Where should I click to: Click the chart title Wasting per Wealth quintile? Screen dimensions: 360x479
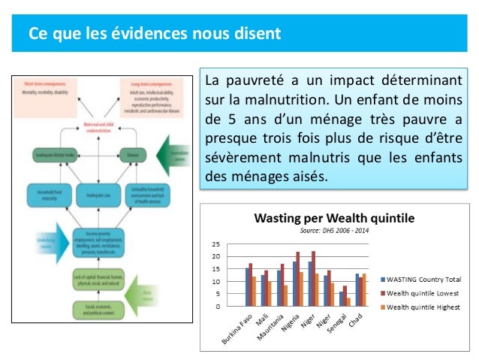(x=334, y=219)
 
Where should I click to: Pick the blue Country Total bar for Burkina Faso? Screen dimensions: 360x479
(x=248, y=286)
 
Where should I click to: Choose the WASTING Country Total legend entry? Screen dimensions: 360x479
(x=423, y=279)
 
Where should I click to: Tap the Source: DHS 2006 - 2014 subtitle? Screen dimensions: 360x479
(x=334, y=230)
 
